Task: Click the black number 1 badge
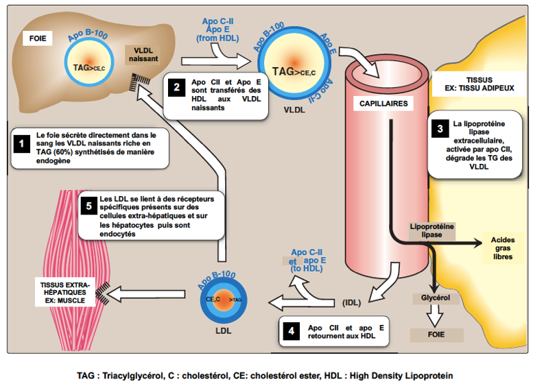pos(21,144)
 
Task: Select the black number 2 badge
pos(176,87)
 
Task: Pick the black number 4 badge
pos(291,330)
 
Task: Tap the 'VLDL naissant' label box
pos(143,56)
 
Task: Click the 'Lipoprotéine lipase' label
pos(431,230)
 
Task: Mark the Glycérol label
pos(431,298)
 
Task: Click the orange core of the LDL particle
pos(224,299)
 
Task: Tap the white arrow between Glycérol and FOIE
pos(431,317)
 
